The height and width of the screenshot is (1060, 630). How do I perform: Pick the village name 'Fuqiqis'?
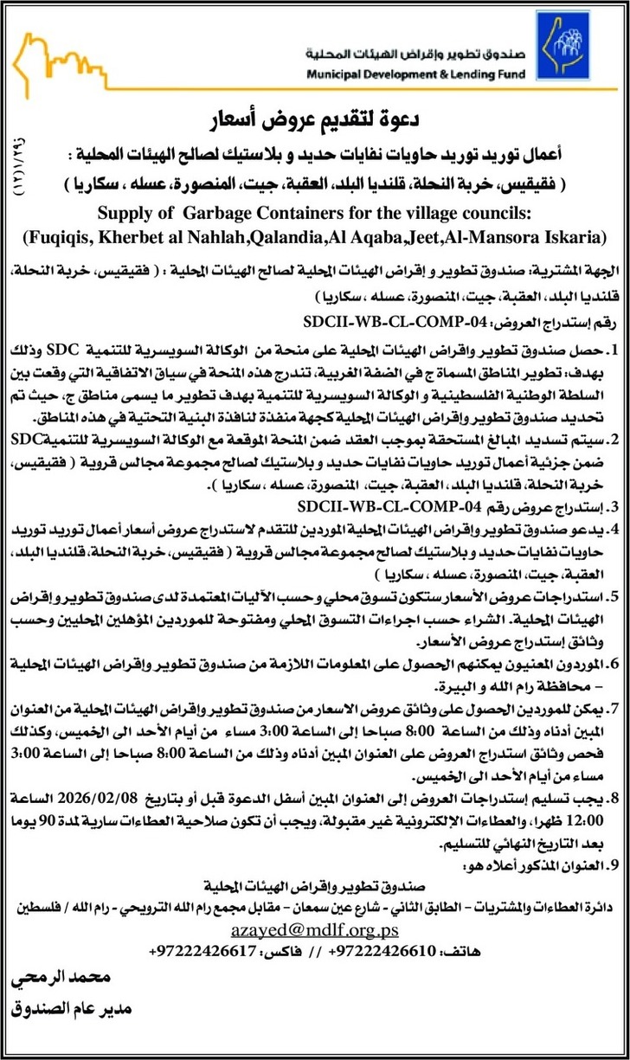(55, 235)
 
